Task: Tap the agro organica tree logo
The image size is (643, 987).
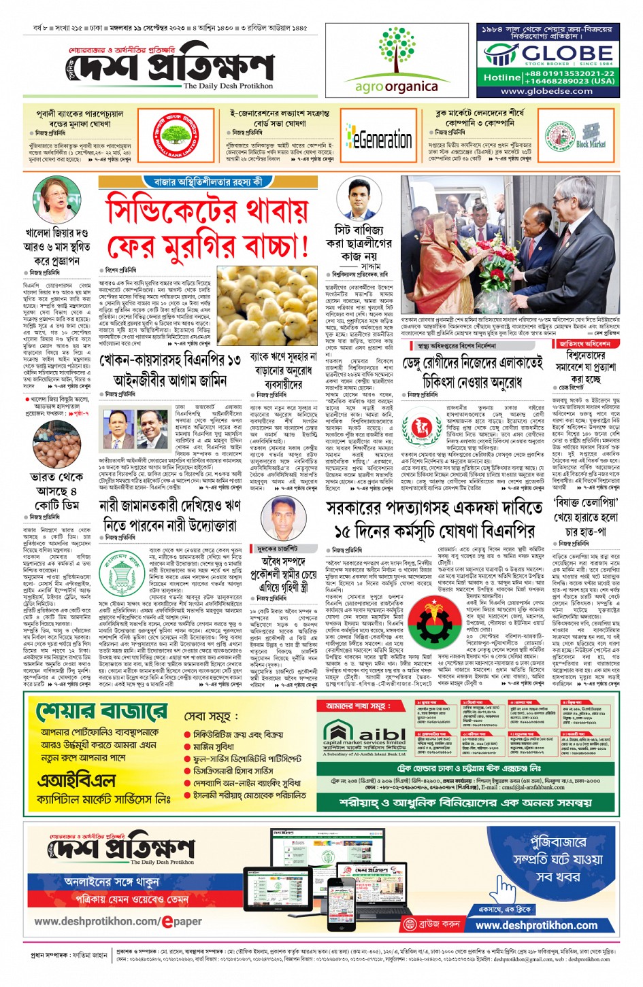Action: pyautogui.click(x=396, y=52)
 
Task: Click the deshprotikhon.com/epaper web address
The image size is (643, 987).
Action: pyautogui.click(x=118, y=921)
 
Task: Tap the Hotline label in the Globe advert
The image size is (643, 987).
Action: pyautogui.click(x=502, y=77)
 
